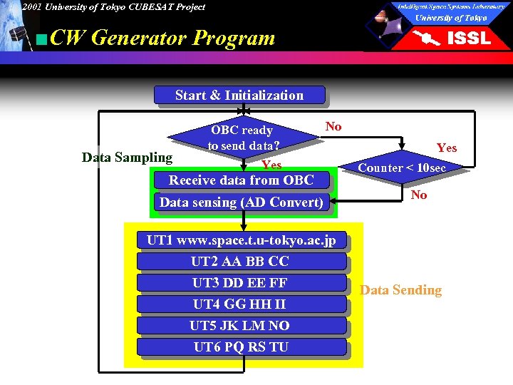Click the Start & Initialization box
tap(239, 96)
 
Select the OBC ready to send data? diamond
tap(242, 138)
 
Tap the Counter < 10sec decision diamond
tap(402, 168)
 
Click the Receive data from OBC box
tap(241, 180)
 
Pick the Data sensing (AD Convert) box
tap(241, 202)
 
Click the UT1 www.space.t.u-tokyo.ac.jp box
tap(241, 240)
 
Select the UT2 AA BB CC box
tap(241, 262)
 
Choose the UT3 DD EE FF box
tap(241, 283)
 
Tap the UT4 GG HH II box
tap(241, 304)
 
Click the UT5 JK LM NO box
tap(241, 326)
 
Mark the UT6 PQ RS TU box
tap(241, 347)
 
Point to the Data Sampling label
tap(127, 158)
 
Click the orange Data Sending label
tap(400, 290)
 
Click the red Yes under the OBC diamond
tap(271, 165)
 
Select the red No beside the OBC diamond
tap(333, 127)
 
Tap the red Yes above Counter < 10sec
tap(447, 148)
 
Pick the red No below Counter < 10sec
tap(419, 195)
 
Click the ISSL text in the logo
tap(468, 38)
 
